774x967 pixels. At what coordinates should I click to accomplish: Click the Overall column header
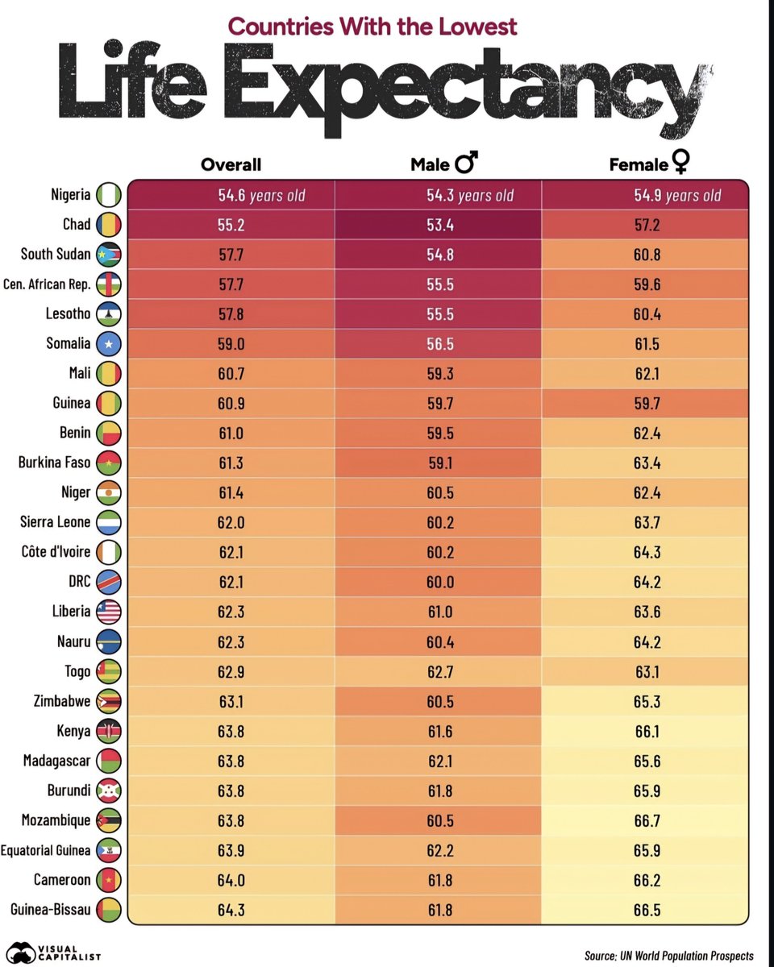tap(231, 164)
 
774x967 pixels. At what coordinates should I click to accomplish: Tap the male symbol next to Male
tap(467, 164)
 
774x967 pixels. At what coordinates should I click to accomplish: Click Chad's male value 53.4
tap(439, 225)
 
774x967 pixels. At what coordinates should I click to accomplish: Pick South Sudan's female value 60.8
tap(647, 255)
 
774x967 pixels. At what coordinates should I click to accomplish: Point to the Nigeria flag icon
tap(108, 195)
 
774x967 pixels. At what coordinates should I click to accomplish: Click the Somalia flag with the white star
tap(108, 344)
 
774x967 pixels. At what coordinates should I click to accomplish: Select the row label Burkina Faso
tap(54, 463)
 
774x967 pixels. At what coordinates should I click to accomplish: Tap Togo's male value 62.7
tap(439, 671)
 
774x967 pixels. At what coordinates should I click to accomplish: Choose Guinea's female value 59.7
tap(647, 403)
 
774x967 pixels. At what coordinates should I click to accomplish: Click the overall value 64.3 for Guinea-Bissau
tap(231, 910)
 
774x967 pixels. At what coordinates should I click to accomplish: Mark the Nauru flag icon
tap(108, 641)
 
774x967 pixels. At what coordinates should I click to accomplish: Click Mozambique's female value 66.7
tap(647, 820)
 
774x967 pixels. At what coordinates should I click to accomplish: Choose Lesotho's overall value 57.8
tap(231, 314)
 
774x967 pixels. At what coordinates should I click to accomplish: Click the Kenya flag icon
tap(108, 731)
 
